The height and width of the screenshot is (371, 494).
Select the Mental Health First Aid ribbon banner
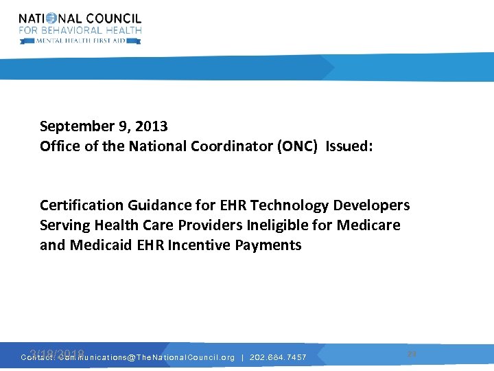[x=80, y=41]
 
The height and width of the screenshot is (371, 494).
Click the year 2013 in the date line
[x=152, y=126]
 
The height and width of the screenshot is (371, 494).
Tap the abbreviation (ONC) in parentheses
[x=299, y=146]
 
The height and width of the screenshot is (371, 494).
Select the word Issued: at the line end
[x=349, y=146]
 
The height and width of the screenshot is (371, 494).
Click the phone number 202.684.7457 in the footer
[x=278, y=357]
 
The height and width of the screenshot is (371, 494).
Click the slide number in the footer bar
[x=412, y=353]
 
